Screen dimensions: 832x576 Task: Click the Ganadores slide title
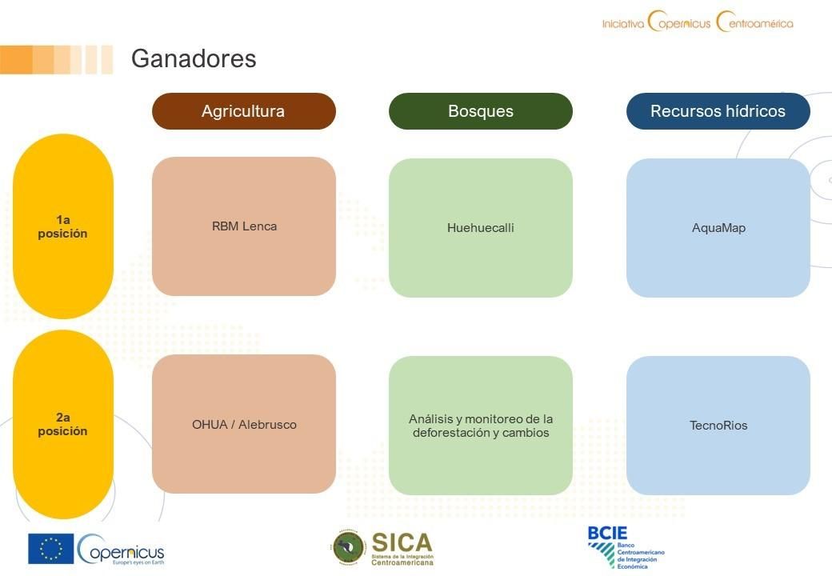pyautogui.click(x=194, y=58)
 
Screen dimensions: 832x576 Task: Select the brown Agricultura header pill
pyautogui.click(x=243, y=111)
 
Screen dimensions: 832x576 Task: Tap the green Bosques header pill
pyautogui.click(x=481, y=111)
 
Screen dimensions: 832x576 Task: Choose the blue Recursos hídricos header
pyautogui.click(x=718, y=111)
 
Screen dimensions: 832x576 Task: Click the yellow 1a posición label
pyautogui.click(x=62, y=226)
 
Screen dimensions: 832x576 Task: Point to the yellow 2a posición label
pyautogui.click(x=62, y=424)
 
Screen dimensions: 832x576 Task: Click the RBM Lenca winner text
pyautogui.click(x=244, y=226)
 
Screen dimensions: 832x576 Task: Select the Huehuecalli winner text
pyautogui.click(x=481, y=228)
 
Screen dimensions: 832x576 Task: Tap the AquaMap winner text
pyautogui.click(x=718, y=228)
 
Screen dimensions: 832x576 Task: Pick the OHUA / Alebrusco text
pyautogui.click(x=244, y=425)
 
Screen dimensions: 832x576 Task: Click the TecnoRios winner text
pyautogui.click(x=718, y=426)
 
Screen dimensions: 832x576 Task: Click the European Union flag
pyautogui.click(x=51, y=549)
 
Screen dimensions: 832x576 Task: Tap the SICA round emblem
pyautogui.click(x=349, y=547)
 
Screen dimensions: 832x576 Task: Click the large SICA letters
pyautogui.click(x=402, y=542)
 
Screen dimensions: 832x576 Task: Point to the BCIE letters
pyautogui.click(x=607, y=533)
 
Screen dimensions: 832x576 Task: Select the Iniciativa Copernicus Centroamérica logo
pyautogui.click(x=698, y=22)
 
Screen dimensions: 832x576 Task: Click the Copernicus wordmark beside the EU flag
pyautogui.click(x=121, y=550)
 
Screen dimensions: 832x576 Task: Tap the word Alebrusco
pyautogui.click(x=267, y=425)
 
